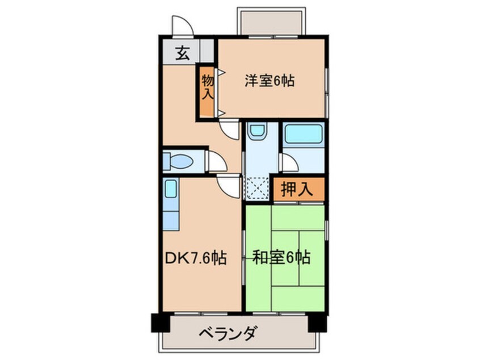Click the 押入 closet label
[297, 190]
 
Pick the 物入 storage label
[207, 86]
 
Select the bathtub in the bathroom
[304, 135]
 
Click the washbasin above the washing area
[257, 134]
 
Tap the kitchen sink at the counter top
[170, 189]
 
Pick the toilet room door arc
[217, 161]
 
